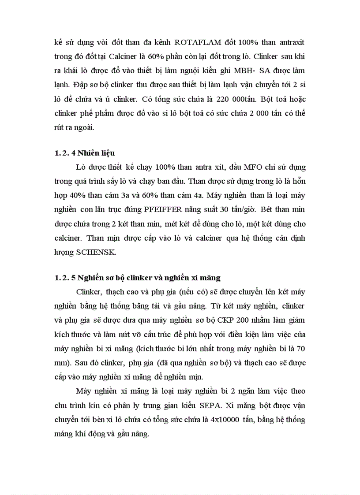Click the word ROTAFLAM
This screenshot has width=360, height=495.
pyautogui.click(x=197, y=42)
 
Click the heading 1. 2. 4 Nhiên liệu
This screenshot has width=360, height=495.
pyautogui.click(x=85, y=153)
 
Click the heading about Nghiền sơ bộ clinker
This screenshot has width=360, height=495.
pyautogui.click(x=137, y=278)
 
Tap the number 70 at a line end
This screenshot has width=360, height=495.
pyautogui.click(x=301, y=348)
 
